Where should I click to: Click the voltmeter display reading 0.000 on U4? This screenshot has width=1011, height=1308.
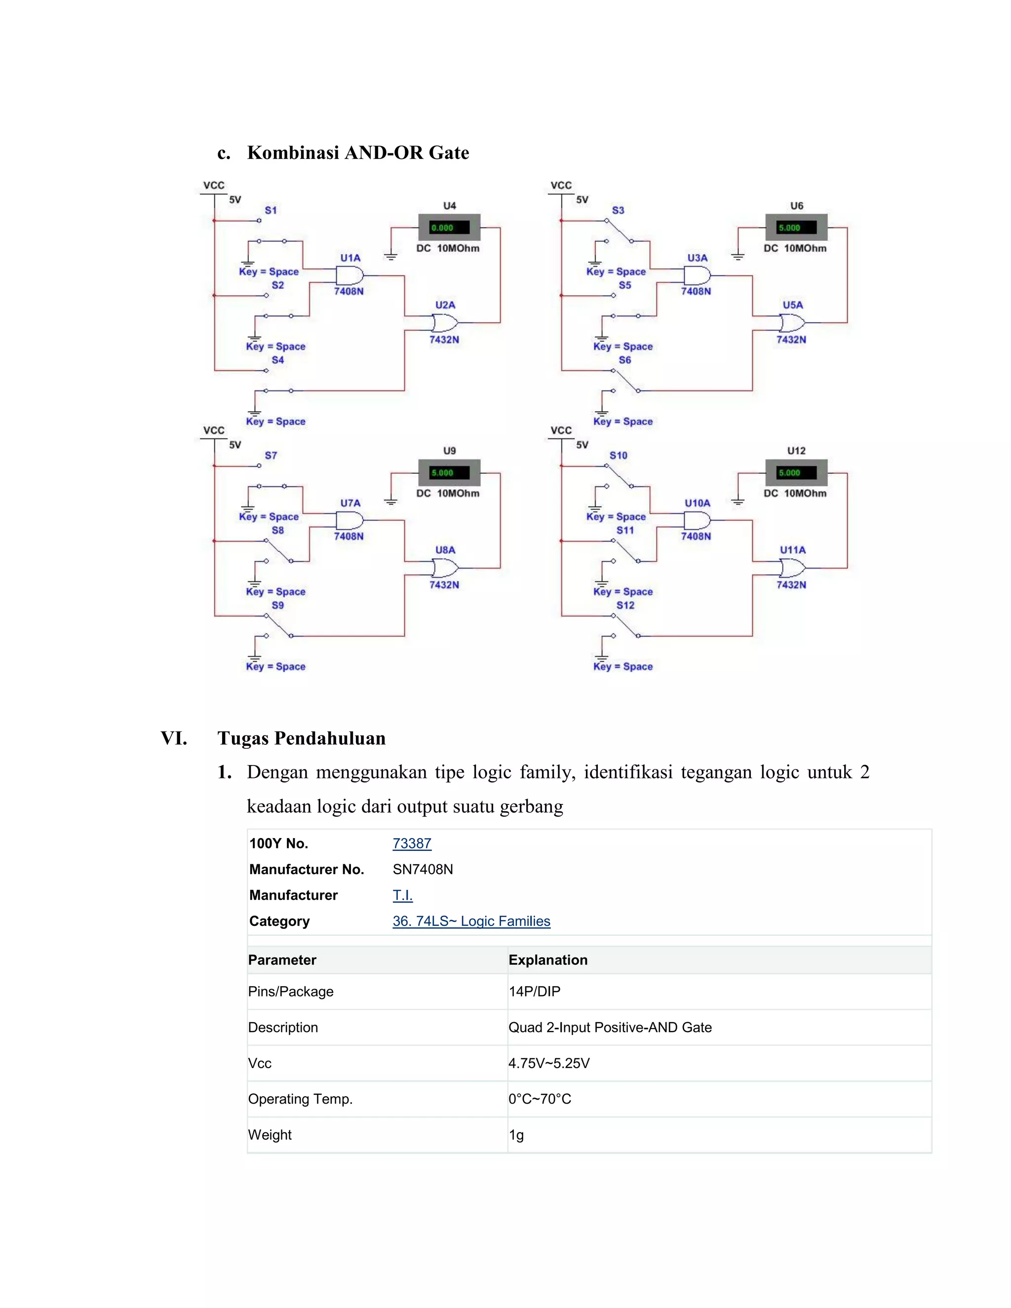449,228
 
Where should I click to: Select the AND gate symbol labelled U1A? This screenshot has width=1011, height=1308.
349,276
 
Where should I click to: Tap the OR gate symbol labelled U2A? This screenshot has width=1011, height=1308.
444,323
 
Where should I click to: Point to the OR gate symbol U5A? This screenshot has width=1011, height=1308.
792,323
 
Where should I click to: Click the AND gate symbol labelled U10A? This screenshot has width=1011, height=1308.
697,520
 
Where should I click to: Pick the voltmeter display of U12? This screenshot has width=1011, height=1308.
796,472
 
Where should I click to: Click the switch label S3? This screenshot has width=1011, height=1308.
618,210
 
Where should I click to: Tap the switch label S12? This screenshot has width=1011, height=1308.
625,605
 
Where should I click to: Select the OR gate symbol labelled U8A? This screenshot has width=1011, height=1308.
444,568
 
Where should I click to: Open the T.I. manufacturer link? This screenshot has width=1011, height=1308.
402,895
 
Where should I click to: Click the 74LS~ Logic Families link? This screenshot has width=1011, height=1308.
471,921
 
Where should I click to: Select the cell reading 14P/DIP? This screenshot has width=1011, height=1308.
534,991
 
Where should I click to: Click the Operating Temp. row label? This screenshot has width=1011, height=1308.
300,1099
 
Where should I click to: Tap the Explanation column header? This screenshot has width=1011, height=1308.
548,960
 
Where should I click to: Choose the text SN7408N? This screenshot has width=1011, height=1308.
423,869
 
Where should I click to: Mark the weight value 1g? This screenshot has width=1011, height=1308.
516,1135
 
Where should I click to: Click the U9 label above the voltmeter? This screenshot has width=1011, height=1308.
449,450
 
